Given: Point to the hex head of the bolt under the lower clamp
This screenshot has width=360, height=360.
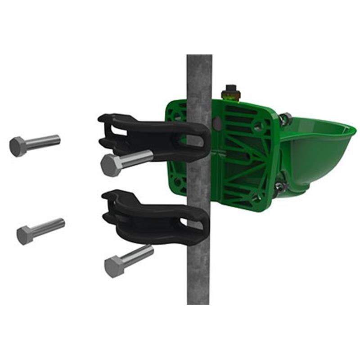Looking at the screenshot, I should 114,267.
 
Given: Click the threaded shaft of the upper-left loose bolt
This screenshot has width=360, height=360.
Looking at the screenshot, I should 43,142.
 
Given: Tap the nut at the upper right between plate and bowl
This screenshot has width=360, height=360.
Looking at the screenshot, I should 284,119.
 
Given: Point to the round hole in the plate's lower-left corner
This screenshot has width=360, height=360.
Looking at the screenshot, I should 178,183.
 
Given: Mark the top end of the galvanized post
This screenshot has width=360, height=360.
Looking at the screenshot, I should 199,58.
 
